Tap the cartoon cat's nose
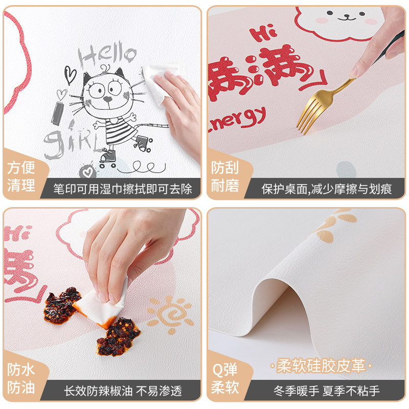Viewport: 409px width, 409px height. (108, 99)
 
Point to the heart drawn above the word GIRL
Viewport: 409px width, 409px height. (61, 95)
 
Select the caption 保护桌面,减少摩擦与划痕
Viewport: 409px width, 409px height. (327, 189)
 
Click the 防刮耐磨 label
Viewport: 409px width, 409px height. (225, 176)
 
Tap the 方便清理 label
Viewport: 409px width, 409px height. (21, 176)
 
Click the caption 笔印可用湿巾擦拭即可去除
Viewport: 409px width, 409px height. (123, 189)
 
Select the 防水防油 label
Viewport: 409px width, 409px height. (21, 379)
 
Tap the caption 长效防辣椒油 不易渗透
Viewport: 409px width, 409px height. (123, 391)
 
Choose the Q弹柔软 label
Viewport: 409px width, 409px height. (225, 379)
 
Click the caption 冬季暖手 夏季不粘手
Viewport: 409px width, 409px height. (327, 391)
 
